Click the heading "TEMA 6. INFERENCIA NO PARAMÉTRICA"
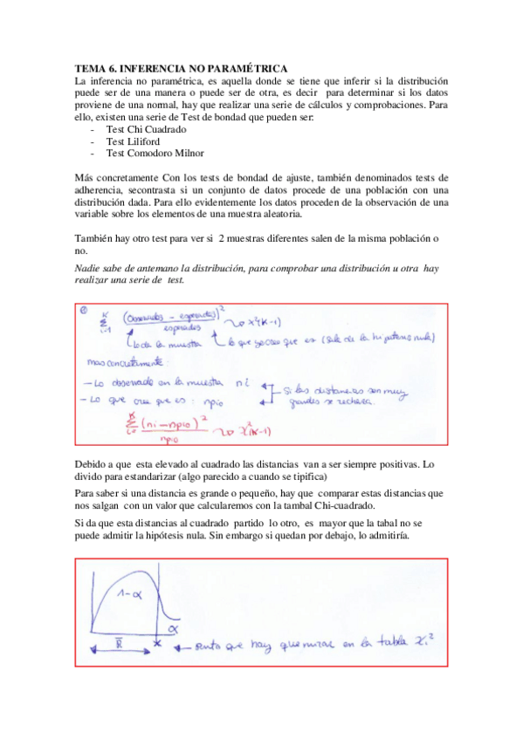[x=182, y=67]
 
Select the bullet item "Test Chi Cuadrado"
[x=146, y=129]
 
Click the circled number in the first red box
[x=84, y=309]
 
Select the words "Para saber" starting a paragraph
[x=99, y=493]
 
